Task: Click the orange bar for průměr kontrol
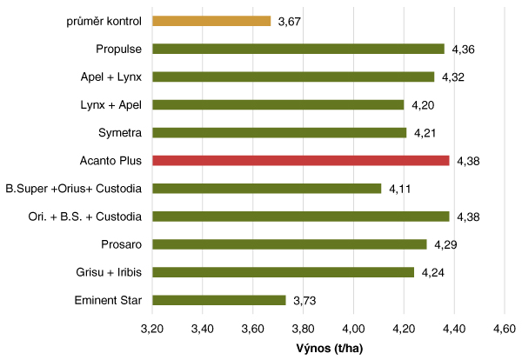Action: [x=211, y=21]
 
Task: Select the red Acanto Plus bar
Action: [x=301, y=161]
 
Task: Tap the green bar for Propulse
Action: [x=298, y=49]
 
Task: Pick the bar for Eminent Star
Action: [x=219, y=300]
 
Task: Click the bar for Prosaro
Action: [x=290, y=244]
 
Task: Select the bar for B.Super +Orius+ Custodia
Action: [x=267, y=189]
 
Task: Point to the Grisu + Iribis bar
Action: [x=284, y=272]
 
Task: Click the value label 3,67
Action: [x=290, y=22]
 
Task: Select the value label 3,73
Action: [x=304, y=300]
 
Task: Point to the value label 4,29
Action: [x=446, y=245]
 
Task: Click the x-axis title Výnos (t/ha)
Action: [x=328, y=350]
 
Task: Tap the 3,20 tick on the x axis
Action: [x=152, y=330]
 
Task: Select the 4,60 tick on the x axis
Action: [x=504, y=330]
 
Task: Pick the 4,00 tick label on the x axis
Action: [x=353, y=330]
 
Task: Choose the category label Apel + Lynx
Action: [x=110, y=77]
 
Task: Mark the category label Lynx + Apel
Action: [x=110, y=104]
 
